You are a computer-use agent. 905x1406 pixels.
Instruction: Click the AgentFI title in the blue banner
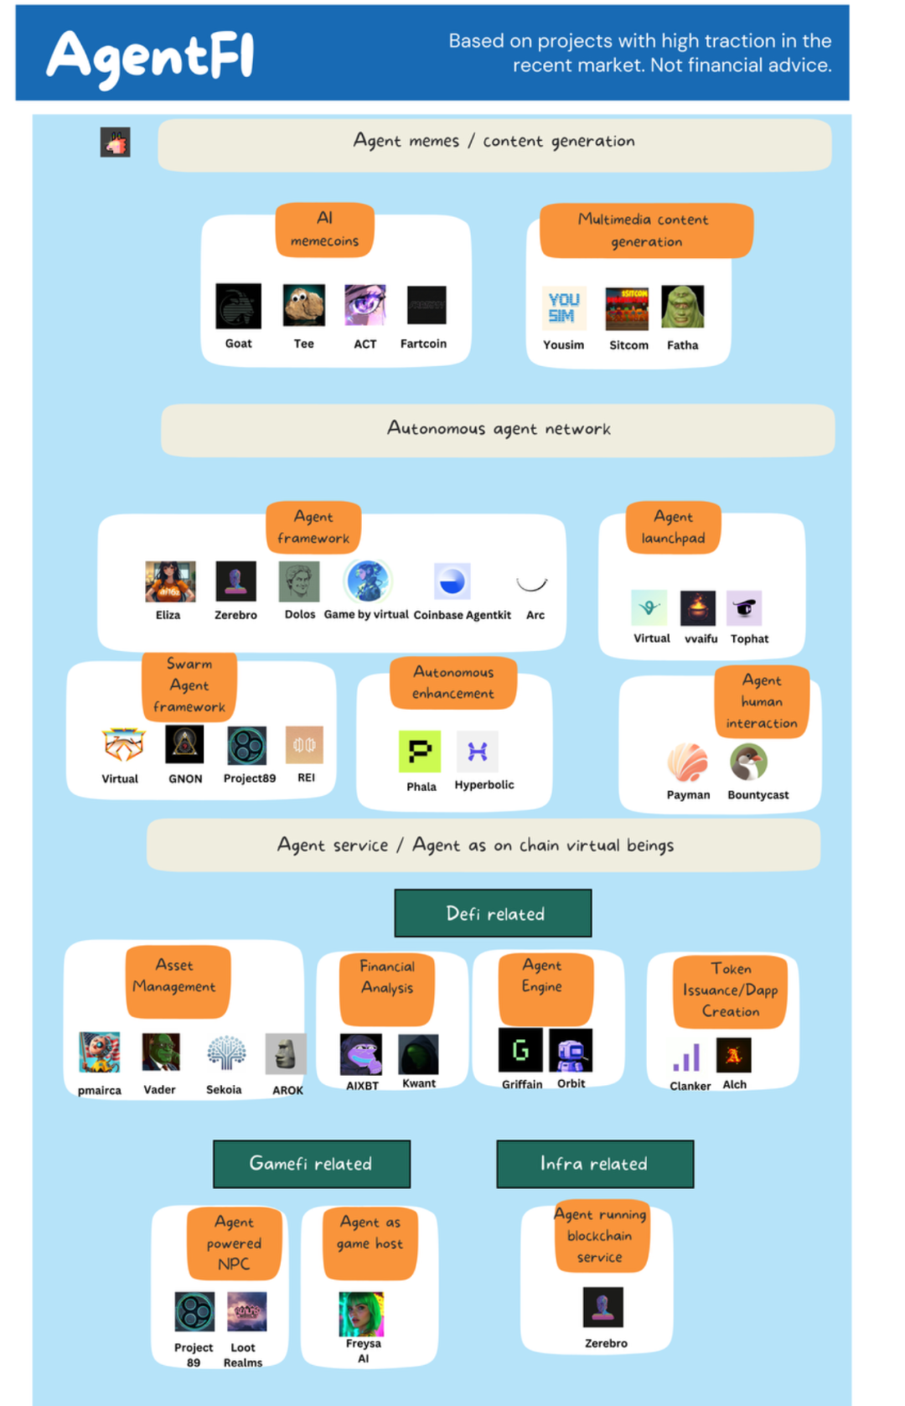click(x=151, y=56)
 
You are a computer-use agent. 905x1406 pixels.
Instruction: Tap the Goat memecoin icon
click(x=238, y=306)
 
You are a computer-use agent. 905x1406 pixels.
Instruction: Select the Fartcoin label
click(x=423, y=344)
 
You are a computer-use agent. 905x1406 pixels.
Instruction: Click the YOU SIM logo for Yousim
click(x=562, y=308)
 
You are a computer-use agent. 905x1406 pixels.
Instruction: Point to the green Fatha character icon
click(x=683, y=307)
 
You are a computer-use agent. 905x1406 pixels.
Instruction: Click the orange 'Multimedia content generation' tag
click(x=646, y=230)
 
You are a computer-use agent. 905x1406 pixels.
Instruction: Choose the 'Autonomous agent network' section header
click(x=498, y=429)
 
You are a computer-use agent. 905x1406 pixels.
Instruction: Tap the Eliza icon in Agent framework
click(x=170, y=582)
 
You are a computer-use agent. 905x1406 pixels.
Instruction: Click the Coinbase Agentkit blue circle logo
click(x=452, y=582)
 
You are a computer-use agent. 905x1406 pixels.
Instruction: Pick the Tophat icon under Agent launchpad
click(x=744, y=608)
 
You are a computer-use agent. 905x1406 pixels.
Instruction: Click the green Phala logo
click(x=420, y=752)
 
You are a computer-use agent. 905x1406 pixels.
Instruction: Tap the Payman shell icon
click(x=688, y=762)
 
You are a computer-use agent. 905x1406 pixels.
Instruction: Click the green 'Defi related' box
click(x=494, y=913)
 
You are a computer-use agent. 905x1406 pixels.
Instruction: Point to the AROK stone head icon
click(x=286, y=1053)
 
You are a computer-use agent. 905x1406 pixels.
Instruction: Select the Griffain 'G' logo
click(x=520, y=1050)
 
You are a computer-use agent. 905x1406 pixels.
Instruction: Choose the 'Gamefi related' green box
click(x=311, y=1164)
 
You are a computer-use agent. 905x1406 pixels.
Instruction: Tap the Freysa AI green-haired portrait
click(x=361, y=1314)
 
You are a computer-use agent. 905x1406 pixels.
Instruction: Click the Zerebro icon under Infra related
click(x=603, y=1307)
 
